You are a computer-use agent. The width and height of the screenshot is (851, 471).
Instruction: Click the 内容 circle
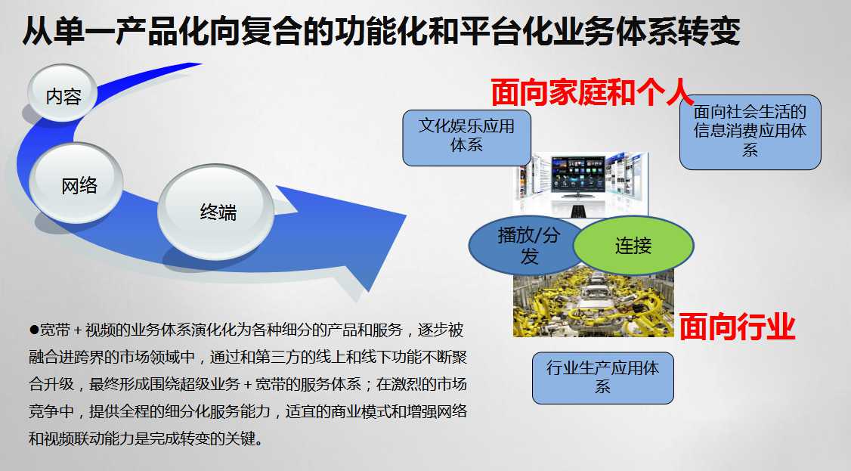pyautogui.click(x=63, y=92)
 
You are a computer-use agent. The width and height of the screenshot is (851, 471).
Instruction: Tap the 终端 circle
pyautogui.click(x=216, y=211)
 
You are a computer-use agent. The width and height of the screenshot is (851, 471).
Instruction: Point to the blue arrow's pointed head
pyautogui.click(x=405, y=217)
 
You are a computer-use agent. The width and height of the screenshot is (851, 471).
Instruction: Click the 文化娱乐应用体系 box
pyautogui.click(x=467, y=138)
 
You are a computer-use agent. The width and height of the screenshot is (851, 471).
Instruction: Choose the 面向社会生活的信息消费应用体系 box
pyautogui.click(x=750, y=132)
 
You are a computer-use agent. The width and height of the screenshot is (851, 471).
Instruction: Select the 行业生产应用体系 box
pyautogui.click(x=602, y=378)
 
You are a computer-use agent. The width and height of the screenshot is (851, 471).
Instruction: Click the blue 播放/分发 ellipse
pyautogui.click(x=524, y=245)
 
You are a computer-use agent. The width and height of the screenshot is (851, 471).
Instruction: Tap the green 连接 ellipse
pyautogui.click(x=633, y=246)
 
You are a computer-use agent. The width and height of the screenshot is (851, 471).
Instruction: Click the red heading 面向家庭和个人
pyautogui.click(x=592, y=92)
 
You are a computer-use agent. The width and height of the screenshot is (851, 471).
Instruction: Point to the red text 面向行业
pyautogui.click(x=737, y=327)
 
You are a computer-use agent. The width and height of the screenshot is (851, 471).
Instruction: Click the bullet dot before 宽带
pyautogui.click(x=34, y=330)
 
